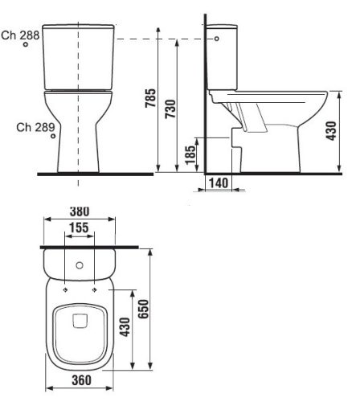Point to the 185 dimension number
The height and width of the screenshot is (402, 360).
pos(190,153)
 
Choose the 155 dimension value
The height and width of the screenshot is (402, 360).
pos(78,228)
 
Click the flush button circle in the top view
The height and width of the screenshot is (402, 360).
pos(79,265)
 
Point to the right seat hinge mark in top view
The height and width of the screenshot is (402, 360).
pos(95,289)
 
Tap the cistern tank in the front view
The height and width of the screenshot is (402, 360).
pos(78,56)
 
